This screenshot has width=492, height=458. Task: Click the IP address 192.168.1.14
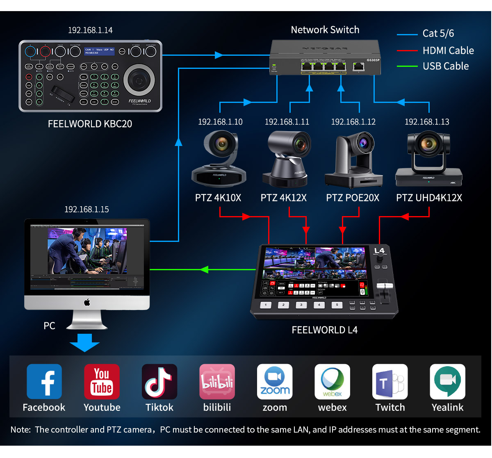(x=90, y=30)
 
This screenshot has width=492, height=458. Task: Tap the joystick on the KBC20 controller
(x=139, y=80)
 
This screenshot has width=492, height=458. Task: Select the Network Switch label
(x=325, y=30)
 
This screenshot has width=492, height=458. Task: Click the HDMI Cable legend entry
(x=448, y=50)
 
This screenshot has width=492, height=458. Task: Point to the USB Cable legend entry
(x=445, y=66)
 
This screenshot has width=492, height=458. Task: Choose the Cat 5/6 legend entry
(x=438, y=34)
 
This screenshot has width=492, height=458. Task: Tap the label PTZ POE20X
(x=353, y=198)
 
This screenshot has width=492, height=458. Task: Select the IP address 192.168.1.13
(x=427, y=122)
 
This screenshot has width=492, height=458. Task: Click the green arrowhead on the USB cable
(x=204, y=269)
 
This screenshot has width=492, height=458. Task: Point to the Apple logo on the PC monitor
(x=87, y=303)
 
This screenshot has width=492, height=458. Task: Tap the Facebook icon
(x=44, y=382)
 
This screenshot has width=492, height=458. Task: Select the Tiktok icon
(x=159, y=382)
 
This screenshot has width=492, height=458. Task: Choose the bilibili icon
(x=217, y=382)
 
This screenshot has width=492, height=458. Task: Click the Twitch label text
(x=390, y=408)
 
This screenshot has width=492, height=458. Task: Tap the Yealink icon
(x=447, y=382)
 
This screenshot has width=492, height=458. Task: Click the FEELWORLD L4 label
(x=324, y=330)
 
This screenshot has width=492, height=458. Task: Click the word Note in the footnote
(x=20, y=430)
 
